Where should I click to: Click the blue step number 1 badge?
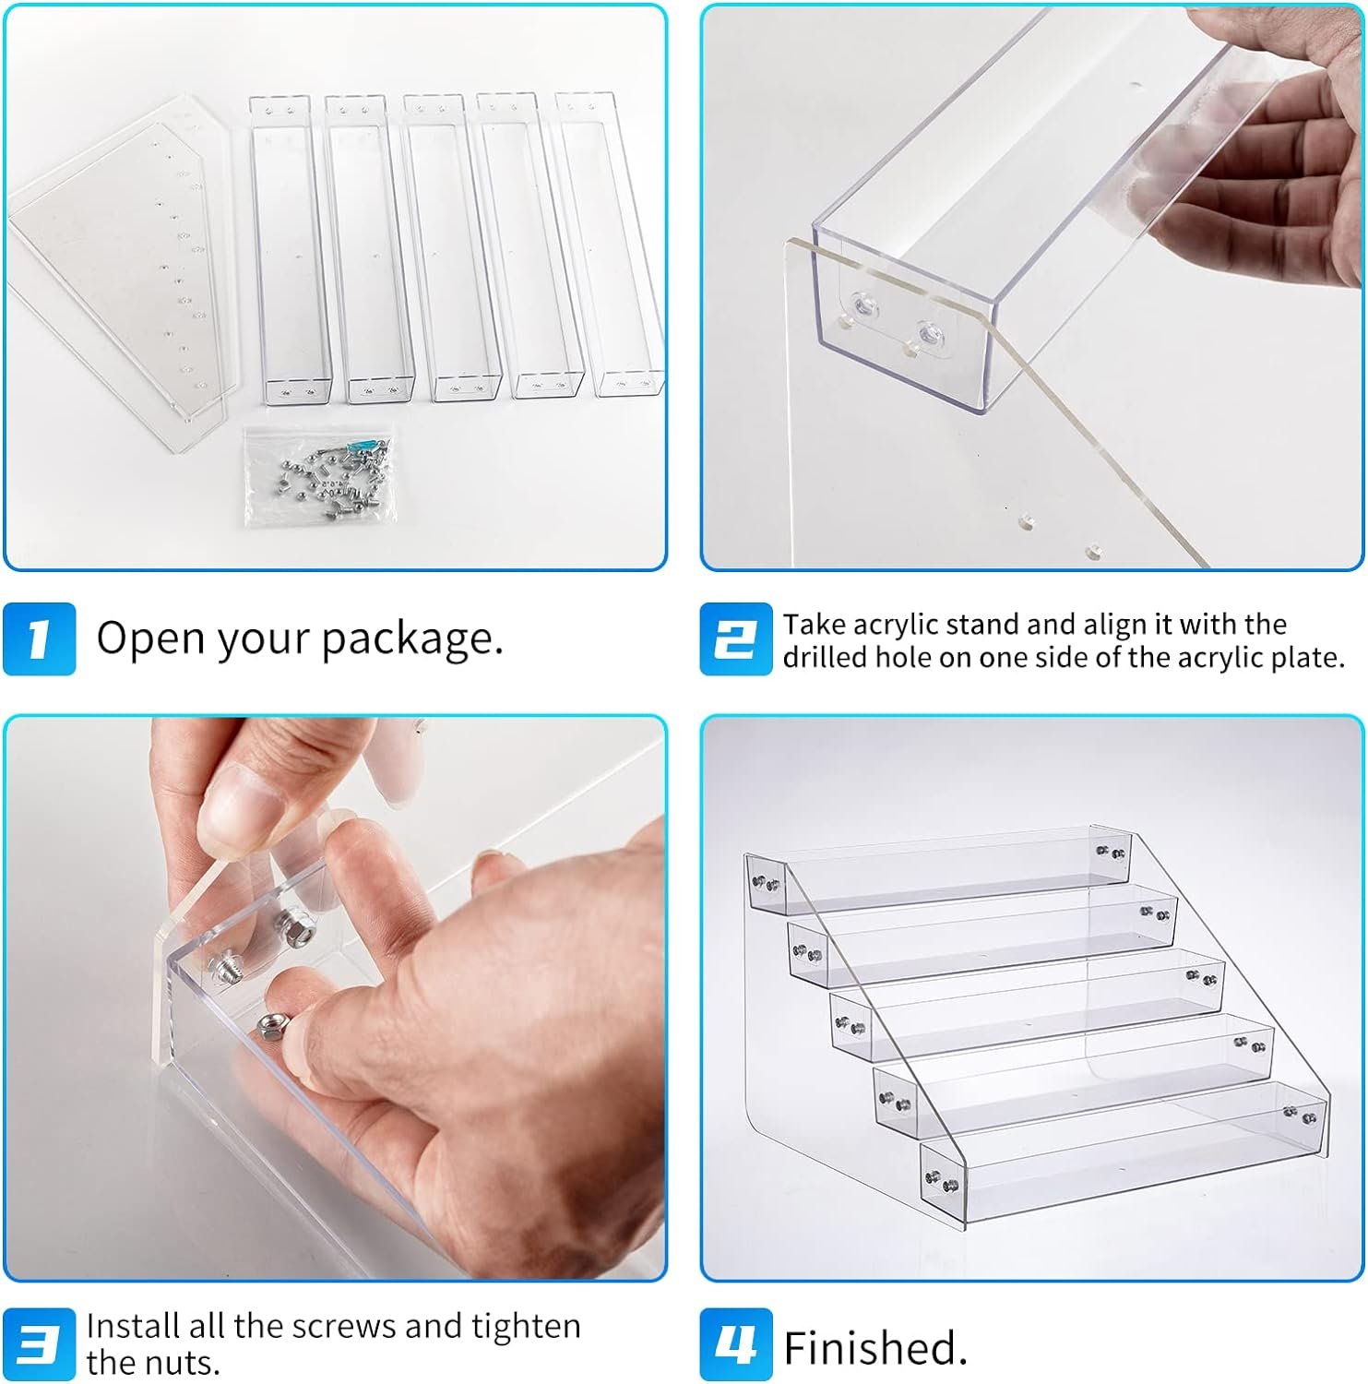click(x=39, y=638)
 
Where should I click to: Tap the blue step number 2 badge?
click(x=735, y=638)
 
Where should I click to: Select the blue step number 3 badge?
click(x=39, y=1344)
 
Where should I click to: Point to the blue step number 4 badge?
click(x=735, y=1344)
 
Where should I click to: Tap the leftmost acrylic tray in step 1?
click(x=290, y=250)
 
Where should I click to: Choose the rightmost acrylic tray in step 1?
click(x=609, y=244)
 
